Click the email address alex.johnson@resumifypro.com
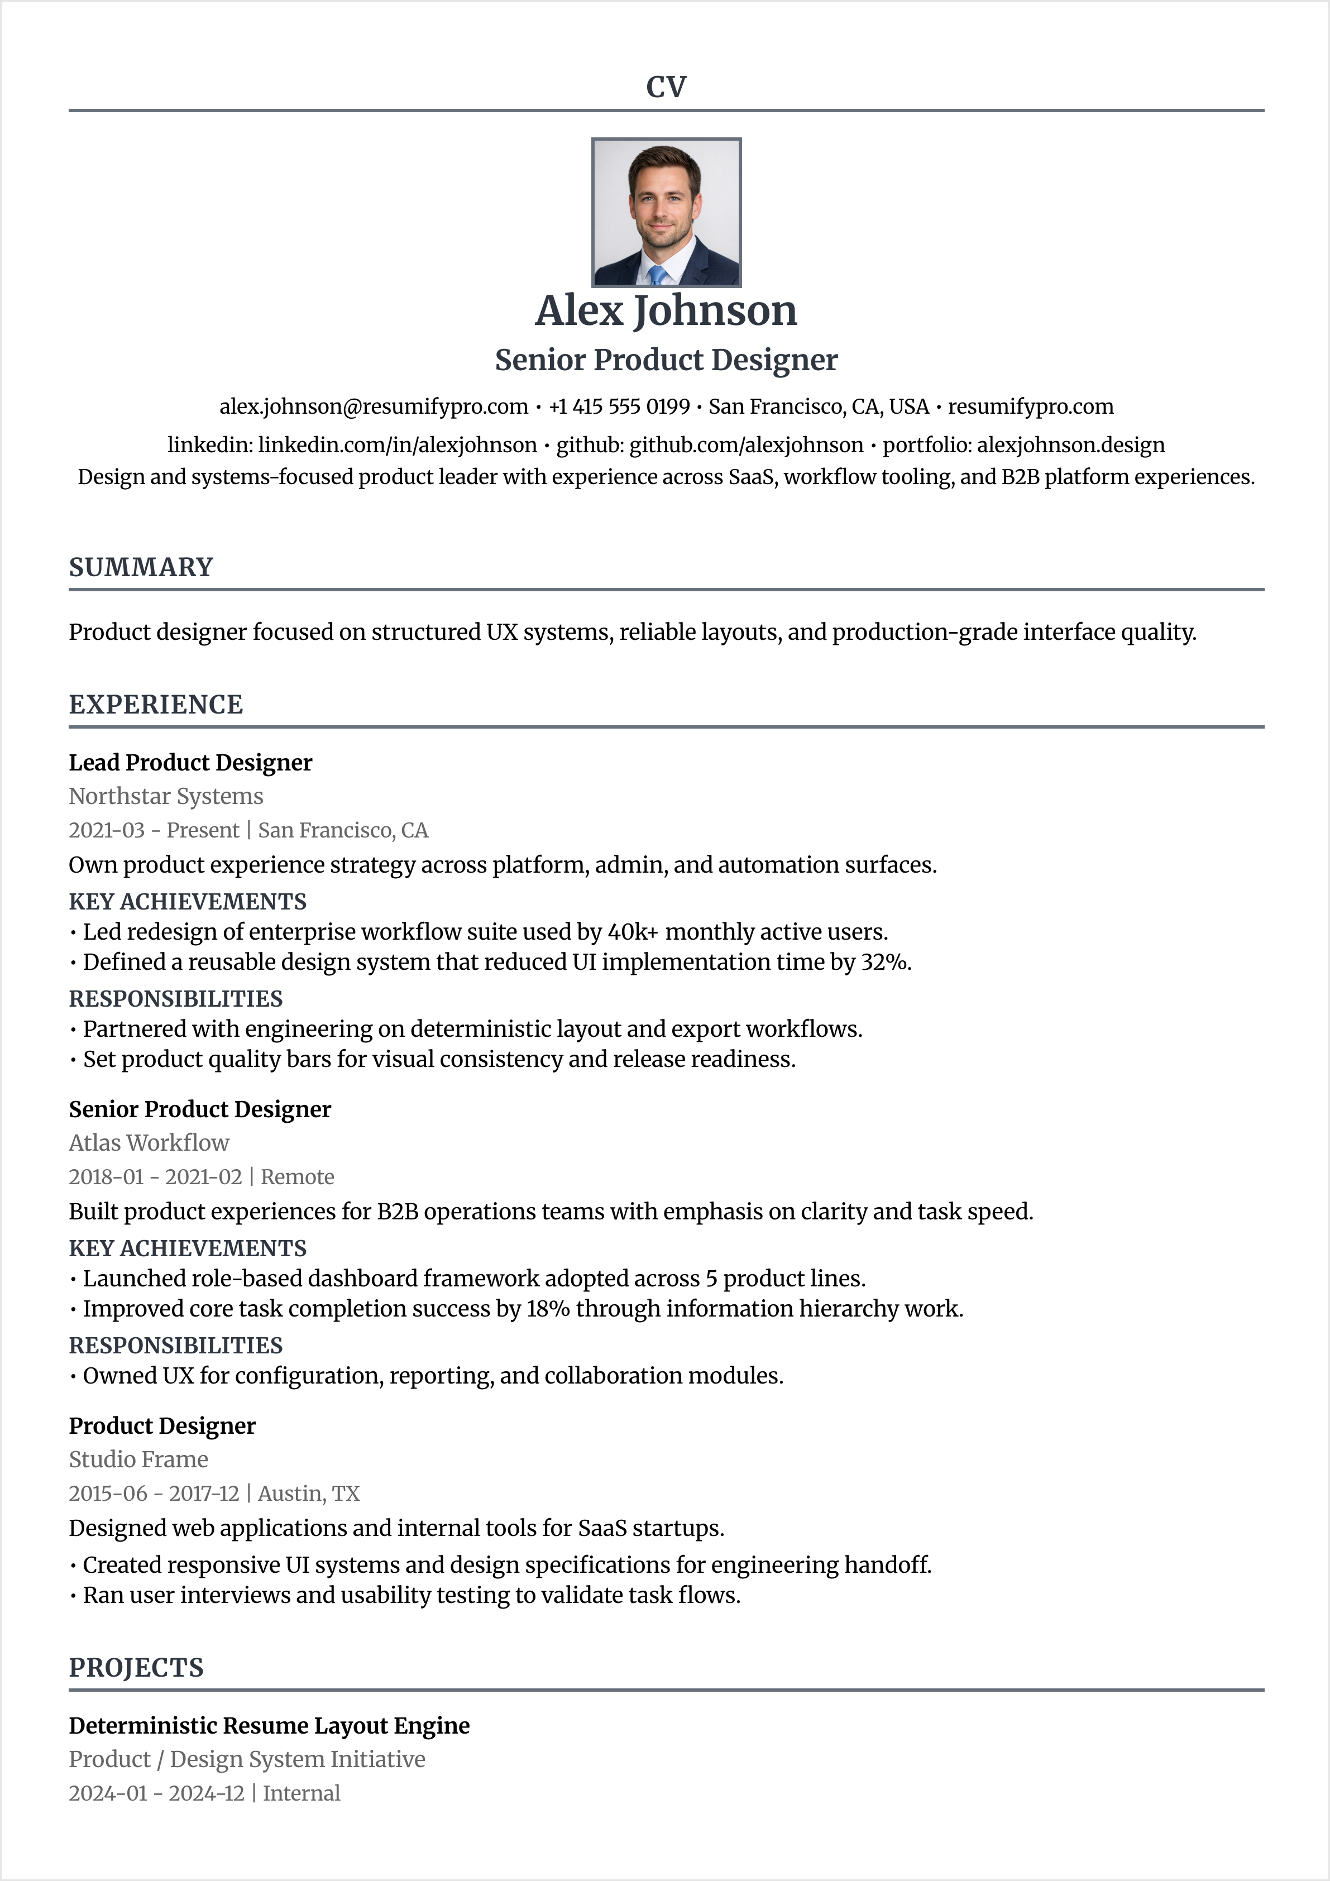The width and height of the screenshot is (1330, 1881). point(374,407)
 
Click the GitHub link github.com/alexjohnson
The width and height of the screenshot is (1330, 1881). point(746,446)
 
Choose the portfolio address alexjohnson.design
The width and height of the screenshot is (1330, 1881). point(1070,446)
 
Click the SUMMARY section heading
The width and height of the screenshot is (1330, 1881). point(141,567)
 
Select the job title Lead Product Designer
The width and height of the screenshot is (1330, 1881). point(190,763)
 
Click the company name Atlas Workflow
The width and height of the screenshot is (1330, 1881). point(149,1143)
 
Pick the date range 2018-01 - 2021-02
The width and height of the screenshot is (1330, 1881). point(156,1178)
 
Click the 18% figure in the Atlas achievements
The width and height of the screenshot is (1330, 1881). point(547,1309)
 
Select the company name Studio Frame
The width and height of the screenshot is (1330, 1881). point(138,1459)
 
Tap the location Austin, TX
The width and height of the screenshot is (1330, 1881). point(309,1494)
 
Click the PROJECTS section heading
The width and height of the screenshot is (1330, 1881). point(136,1668)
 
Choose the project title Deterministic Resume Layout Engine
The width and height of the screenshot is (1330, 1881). point(269,1726)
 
